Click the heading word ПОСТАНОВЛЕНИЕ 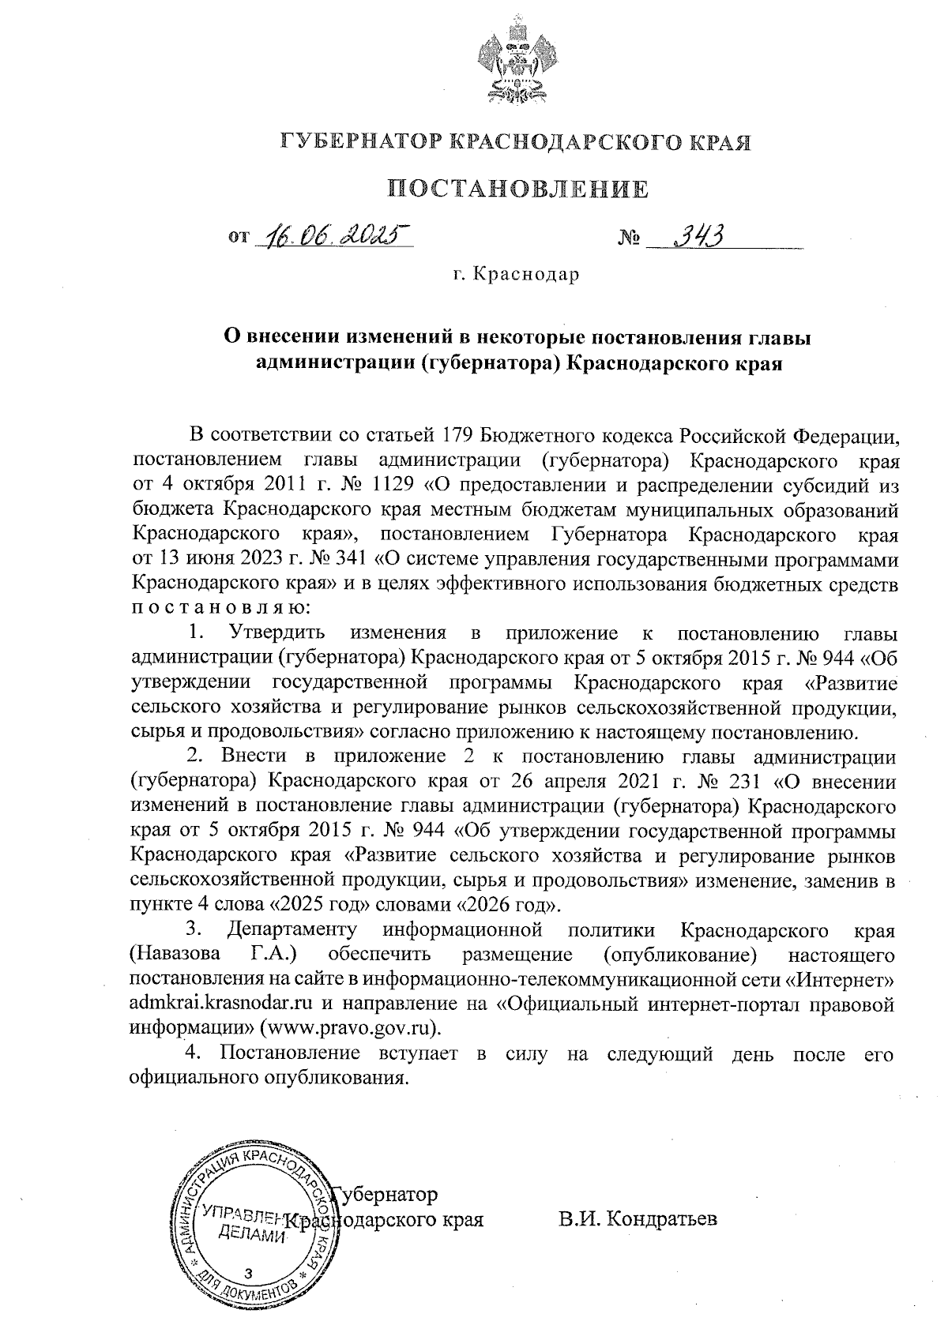point(517,189)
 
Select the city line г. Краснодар point(517,275)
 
